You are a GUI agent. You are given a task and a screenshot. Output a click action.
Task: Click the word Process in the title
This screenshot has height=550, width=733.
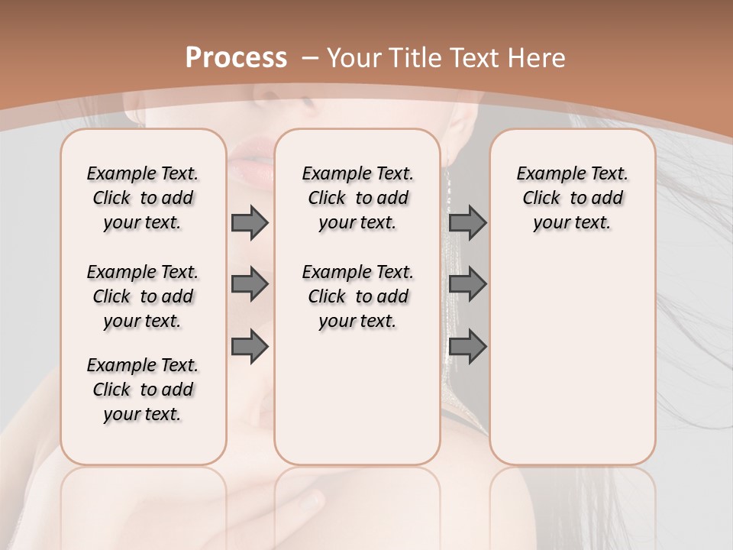click(x=236, y=58)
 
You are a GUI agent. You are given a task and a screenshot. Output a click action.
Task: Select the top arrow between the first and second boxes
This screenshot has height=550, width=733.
click(x=250, y=222)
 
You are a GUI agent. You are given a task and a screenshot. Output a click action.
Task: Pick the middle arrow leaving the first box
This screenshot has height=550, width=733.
click(x=250, y=284)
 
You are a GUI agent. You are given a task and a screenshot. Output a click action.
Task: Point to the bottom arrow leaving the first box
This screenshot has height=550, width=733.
click(x=250, y=347)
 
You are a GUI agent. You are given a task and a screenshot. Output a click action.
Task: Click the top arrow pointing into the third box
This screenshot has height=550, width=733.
click(x=467, y=222)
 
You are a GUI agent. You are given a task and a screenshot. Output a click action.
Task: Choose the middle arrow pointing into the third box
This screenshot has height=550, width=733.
click(x=467, y=284)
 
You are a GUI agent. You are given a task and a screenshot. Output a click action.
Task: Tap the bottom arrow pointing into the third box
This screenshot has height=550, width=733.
click(x=467, y=347)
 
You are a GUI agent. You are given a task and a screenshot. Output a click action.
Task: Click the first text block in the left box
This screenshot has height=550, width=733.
click(x=143, y=198)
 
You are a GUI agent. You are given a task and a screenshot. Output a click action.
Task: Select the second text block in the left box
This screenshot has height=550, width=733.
click(x=143, y=296)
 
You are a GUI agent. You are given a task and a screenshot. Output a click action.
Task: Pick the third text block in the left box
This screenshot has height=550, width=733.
click(x=143, y=390)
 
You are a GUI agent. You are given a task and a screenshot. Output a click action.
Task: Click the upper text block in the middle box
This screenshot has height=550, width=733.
click(x=357, y=198)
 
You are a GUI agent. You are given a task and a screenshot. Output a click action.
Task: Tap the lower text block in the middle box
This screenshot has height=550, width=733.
click(x=357, y=296)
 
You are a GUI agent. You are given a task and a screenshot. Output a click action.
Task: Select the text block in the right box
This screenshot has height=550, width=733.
click(x=572, y=198)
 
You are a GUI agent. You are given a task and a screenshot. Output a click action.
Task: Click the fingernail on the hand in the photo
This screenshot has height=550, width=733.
click(x=311, y=500)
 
